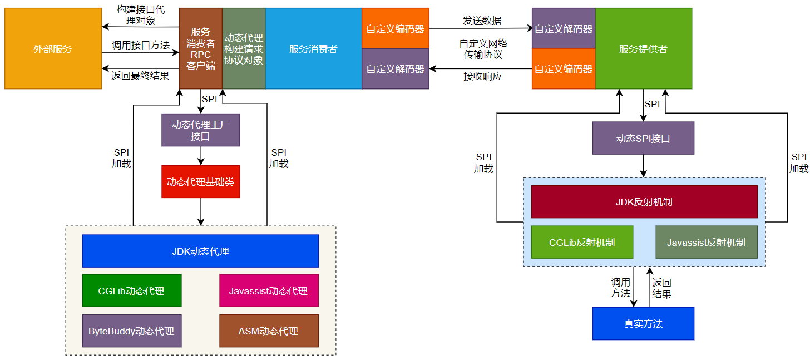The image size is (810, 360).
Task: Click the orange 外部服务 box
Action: [x=53, y=49]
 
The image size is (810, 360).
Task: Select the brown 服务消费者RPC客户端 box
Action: [x=201, y=49]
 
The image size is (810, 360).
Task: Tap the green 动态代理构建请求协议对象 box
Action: [x=244, y=49]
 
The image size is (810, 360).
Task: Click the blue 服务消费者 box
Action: [x=313, y=49]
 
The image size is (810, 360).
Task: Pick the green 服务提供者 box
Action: [x=643, y=49]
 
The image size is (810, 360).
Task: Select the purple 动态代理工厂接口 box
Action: [x=200, y=130]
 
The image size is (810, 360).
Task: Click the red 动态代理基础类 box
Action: [x=200, y=181]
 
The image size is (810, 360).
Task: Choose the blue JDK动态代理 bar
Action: [x=200, y=251]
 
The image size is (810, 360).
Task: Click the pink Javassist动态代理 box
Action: [x=269, y=290]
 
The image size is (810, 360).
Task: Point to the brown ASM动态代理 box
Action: [x=269, y=331]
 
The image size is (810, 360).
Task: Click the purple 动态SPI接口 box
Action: [x=643, y=139]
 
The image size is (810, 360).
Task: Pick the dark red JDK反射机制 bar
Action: [x=644, y=202]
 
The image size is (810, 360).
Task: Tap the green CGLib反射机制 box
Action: [x=582, y=243]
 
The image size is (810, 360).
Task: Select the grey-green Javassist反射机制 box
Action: [x=706, y=243]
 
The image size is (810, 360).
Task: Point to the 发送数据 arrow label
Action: [x=482, y=21]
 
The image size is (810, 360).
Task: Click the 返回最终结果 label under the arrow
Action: [x=140, y=76]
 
